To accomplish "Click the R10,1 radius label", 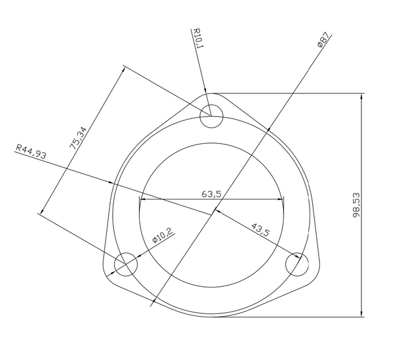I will [x=198, y=38].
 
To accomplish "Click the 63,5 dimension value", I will [x=212, y=193].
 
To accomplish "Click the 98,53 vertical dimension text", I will [x=356, y=206].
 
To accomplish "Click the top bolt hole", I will [x=211, y=117].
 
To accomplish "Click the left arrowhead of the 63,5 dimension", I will [x=142, y=199].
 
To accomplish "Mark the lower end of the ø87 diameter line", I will [x=152, y=304].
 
